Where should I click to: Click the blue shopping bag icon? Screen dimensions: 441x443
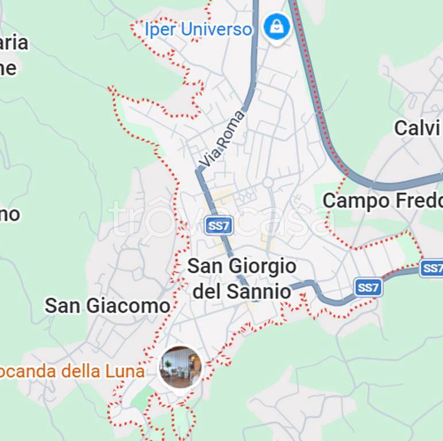277,26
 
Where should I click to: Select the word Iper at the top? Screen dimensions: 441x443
160,29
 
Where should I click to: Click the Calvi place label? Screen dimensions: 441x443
417,128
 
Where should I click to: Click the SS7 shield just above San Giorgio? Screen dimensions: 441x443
218,226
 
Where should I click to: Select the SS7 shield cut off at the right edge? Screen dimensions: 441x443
432,268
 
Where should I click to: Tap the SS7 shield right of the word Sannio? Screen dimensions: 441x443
368,287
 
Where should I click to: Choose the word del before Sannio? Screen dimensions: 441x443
207,291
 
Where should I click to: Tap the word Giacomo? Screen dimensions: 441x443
130,305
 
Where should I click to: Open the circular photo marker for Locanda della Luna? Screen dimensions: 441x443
181,366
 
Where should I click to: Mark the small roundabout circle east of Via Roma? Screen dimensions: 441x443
268,183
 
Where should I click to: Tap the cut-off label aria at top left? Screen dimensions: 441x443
14,43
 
